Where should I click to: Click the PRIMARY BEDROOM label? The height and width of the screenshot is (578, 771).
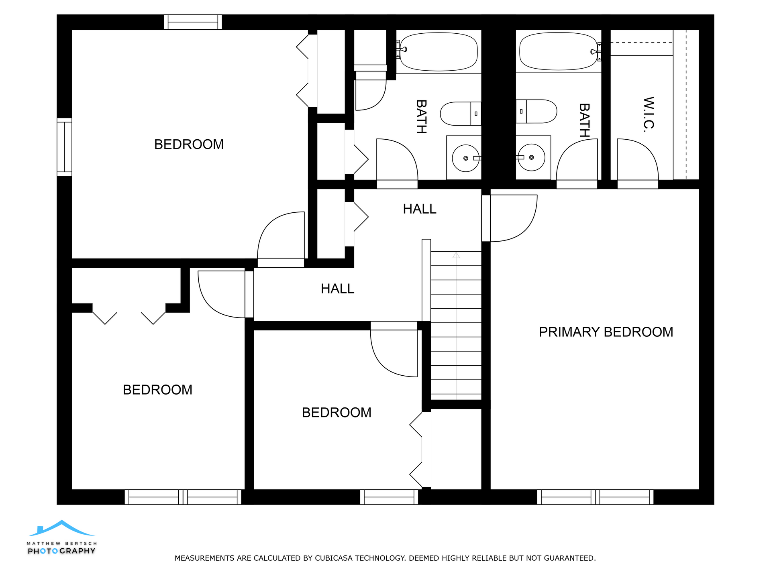606,332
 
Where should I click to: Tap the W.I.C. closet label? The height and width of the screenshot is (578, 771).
649,114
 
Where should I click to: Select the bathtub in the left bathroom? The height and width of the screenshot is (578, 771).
439,52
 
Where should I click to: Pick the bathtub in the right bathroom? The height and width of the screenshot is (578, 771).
559,51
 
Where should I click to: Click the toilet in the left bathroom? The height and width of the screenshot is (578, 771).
461,114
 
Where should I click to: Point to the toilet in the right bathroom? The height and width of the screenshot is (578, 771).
536,111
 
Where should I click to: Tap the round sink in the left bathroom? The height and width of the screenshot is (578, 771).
466,158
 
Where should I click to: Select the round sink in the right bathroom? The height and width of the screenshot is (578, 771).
531,157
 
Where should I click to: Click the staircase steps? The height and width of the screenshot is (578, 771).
456,326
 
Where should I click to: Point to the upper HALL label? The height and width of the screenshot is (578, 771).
420,209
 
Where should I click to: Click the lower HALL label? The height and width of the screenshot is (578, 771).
337,289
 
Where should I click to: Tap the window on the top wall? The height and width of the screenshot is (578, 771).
193,22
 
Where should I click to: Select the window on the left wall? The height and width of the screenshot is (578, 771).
64,147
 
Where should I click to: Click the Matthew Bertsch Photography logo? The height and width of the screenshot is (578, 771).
61,537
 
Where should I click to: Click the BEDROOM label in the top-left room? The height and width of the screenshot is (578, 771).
189,144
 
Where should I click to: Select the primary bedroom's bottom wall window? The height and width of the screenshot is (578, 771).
595,497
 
